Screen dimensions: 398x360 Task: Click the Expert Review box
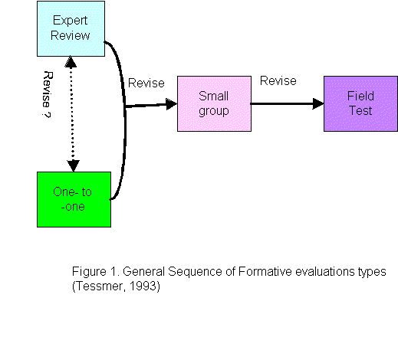(71, 28)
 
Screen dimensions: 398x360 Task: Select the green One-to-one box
(74, 199)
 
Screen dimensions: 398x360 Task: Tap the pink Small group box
(214, 103)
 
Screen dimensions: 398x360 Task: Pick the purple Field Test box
(360, 103)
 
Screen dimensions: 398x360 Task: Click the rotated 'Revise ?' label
(48, 94)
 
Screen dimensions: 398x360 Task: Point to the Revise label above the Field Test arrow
(278, 81)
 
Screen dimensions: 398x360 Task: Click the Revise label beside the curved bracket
(146, 83)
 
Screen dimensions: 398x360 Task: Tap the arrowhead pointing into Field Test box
(318, 103)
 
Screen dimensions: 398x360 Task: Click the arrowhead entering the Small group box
(172, 104)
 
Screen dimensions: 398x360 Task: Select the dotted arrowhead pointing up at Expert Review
(71, 62)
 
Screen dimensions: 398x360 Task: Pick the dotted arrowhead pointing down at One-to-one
(74, 165)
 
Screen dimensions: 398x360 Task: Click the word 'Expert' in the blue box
(71, 21)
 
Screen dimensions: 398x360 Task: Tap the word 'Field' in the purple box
(360, 96)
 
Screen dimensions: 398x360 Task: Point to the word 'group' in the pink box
(214, 111)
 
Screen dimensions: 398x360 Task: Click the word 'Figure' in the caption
(89, 271)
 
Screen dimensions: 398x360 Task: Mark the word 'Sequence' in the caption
(195, 272)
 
